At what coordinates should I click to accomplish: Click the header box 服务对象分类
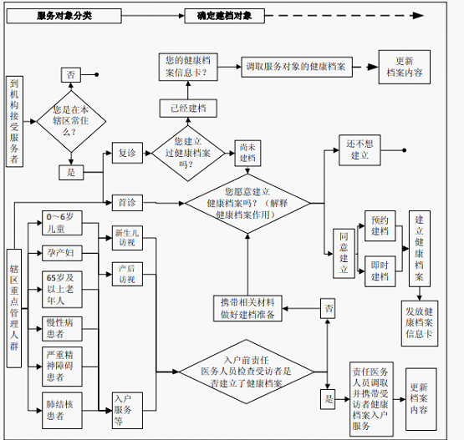pyautogui.click(x=64, y=16)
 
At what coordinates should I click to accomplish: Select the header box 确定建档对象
pyautogui.click(x=224, y=16)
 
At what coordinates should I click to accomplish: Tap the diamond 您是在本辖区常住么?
pyautogui.click(x=71, y=121)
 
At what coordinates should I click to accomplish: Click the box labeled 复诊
pyautogui.click(x=127, y=153)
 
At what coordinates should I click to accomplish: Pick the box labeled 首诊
pyautogui.click(x=127, y=203)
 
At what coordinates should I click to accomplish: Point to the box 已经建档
pyautogui.click(x=188, y=109)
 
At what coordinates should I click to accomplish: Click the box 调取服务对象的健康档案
pyautogui.click(x=297, y=67)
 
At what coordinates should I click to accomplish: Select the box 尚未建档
pyautogui.click(x=247, y=153)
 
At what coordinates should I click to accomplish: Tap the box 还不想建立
pyautogui.click(x=359, y=150)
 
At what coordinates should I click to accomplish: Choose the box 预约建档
pyautogui.click(x=380, y=225)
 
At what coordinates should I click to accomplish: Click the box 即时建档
pyautogui.click(x=380, y=271)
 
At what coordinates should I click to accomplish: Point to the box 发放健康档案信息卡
pyautogui.click(x=420, y=323)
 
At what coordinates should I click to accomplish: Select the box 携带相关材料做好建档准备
pyautogui.click(x=247, y=309)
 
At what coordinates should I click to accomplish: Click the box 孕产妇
pyautogui.click(x=62, y=253)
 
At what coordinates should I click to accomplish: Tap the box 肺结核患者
pyautogui.click(x=62, y=411)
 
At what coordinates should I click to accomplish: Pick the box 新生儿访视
pyautogui.click(x=127, y=238)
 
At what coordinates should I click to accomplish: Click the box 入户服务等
pyautogui.click(x=127, y=411)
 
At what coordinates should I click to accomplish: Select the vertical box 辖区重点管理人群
pyautogui.click(x=14, y=308)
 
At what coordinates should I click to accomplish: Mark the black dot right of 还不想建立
pyautogui.click(x=405, y=150)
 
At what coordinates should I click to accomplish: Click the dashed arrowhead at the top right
pyautogui.click(x=418, y=16)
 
